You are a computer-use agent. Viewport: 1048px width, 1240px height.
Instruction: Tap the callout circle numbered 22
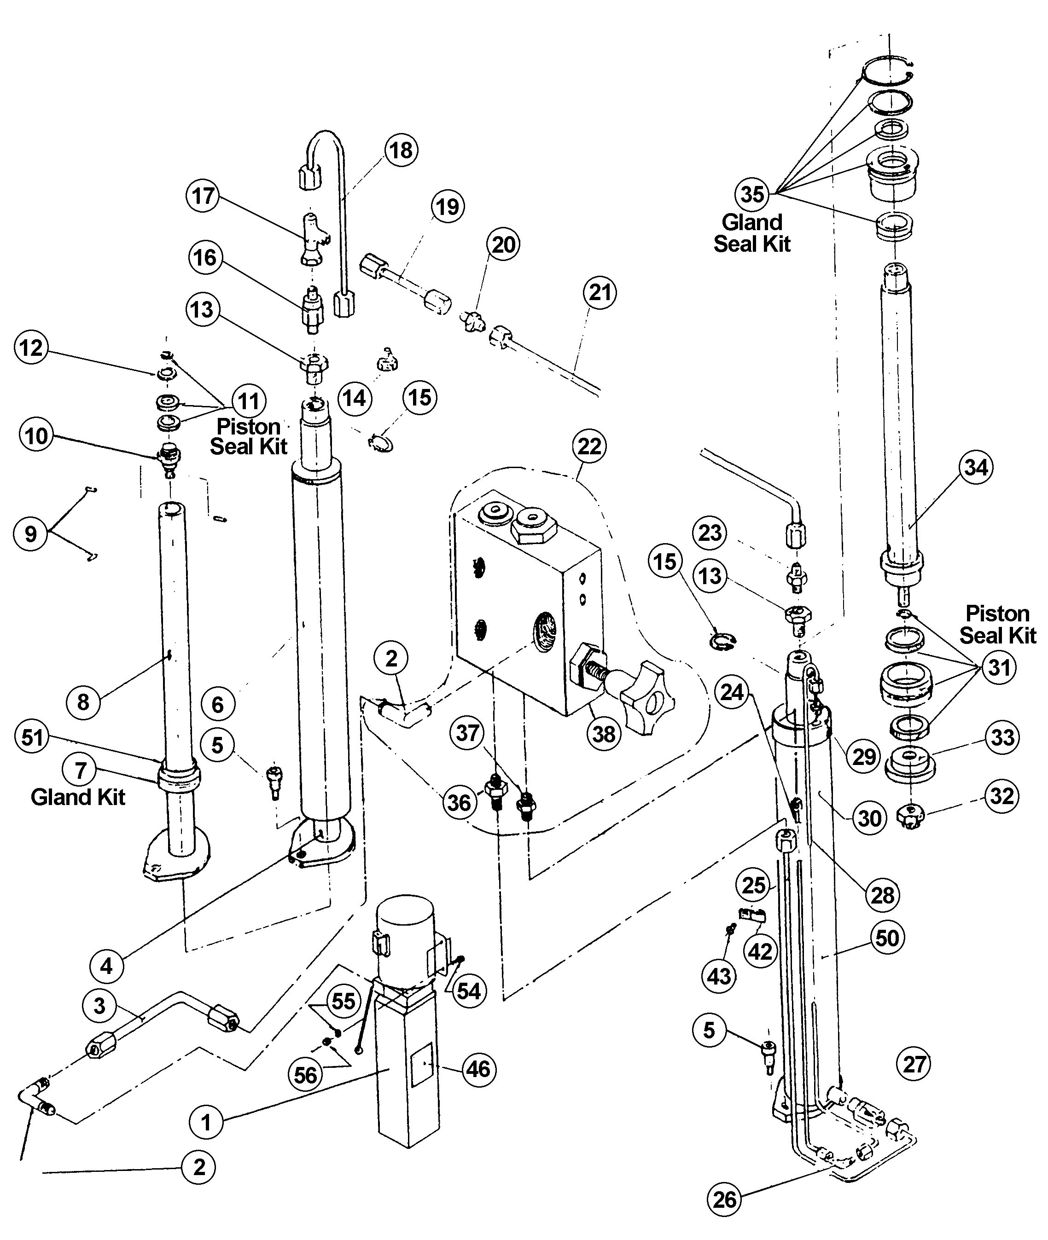coord(589,446)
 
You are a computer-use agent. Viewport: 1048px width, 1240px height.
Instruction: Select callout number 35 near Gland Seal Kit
coord(752,194)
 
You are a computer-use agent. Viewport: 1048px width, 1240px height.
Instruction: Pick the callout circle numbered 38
coord(604,734)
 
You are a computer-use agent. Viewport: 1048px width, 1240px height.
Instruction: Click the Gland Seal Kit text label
coord(752,233)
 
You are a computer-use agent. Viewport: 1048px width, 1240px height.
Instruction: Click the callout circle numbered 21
coord(600,293)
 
